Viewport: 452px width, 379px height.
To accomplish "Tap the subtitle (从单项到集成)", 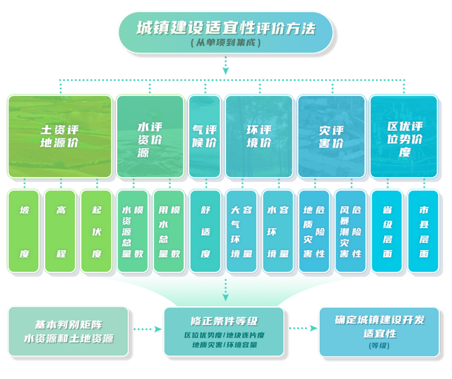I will [x=225, y=44].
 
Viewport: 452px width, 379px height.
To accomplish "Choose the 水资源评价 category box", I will [x=149, y=136].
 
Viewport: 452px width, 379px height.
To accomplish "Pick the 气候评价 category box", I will [x=204, y=136].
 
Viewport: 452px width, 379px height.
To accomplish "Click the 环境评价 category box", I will [x=258, y=136].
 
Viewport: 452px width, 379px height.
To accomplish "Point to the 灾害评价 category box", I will [x=331, y=136].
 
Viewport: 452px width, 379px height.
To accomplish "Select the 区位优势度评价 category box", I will [x=403, y=136].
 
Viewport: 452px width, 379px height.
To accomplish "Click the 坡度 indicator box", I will [x=25, y=231].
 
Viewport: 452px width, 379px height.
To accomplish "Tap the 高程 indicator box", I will [x=61, y=231].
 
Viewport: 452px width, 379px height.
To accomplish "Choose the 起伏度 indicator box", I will [x=97, y=231].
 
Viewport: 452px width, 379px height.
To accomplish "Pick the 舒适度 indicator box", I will [x=205, y=231].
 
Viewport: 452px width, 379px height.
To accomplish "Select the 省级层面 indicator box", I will [x=386, y=231].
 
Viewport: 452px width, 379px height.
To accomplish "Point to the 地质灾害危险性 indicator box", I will [x=314, y=231].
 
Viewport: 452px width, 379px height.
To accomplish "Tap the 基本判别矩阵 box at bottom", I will [x=69, y=330].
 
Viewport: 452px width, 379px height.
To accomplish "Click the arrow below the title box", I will [x=225, y=66].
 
